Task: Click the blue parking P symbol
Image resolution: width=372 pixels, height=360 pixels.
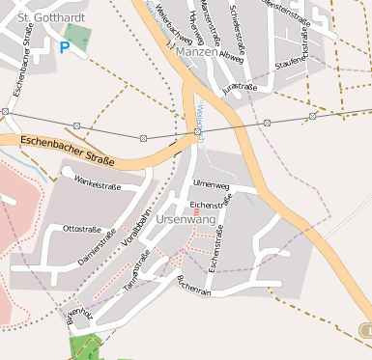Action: [x=65, y=46]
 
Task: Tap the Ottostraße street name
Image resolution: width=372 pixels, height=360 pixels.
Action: [x=82, y=229]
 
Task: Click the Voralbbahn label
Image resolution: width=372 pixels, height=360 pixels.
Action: [x=138, y=230]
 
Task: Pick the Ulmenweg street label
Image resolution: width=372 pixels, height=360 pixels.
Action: [x=212, y=183]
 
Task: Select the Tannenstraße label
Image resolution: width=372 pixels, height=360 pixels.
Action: [x=135, y=272]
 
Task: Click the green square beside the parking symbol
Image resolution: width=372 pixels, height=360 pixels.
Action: [x=80, y=39]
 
